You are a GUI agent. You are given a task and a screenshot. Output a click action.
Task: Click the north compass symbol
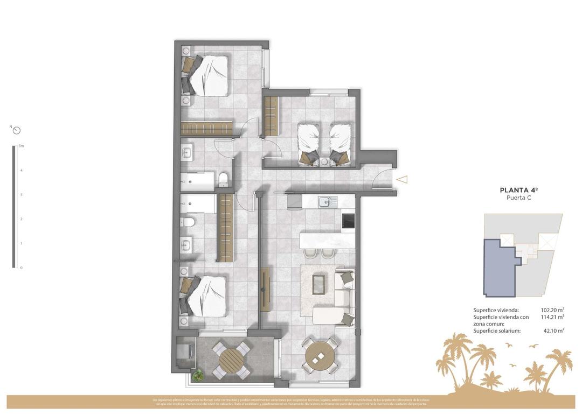pos(16,130)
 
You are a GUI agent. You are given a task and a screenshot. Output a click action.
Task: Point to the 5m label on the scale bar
pos(21,146)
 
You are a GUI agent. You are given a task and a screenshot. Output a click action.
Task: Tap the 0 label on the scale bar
pos(21,268)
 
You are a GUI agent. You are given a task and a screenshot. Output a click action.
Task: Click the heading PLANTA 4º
pos(519,190)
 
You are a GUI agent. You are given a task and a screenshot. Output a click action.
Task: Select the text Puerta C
pos(519,198)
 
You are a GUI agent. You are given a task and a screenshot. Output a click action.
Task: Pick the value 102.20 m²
pos(552,310)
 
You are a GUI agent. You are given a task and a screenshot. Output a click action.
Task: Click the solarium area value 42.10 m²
pos(554,331)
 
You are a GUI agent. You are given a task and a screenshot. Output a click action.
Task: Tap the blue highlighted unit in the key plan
pos(498,266)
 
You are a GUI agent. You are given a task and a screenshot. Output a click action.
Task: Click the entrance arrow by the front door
pos(402,180)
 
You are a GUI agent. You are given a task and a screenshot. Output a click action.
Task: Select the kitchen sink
pos(325,202)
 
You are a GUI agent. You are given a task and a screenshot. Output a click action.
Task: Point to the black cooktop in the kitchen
pos(349,220)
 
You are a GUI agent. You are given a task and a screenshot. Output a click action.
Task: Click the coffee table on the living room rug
pos(318,282)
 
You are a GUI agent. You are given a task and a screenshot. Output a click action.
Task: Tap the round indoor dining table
pos(321,355)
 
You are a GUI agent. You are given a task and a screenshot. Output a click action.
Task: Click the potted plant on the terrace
pos(198,375)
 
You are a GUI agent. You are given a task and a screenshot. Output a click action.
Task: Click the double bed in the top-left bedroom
pos(207,75)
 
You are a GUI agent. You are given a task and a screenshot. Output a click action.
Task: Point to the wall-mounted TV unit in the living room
pos(265,289)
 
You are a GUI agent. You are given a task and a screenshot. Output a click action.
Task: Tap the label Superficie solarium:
pos(497,331)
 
